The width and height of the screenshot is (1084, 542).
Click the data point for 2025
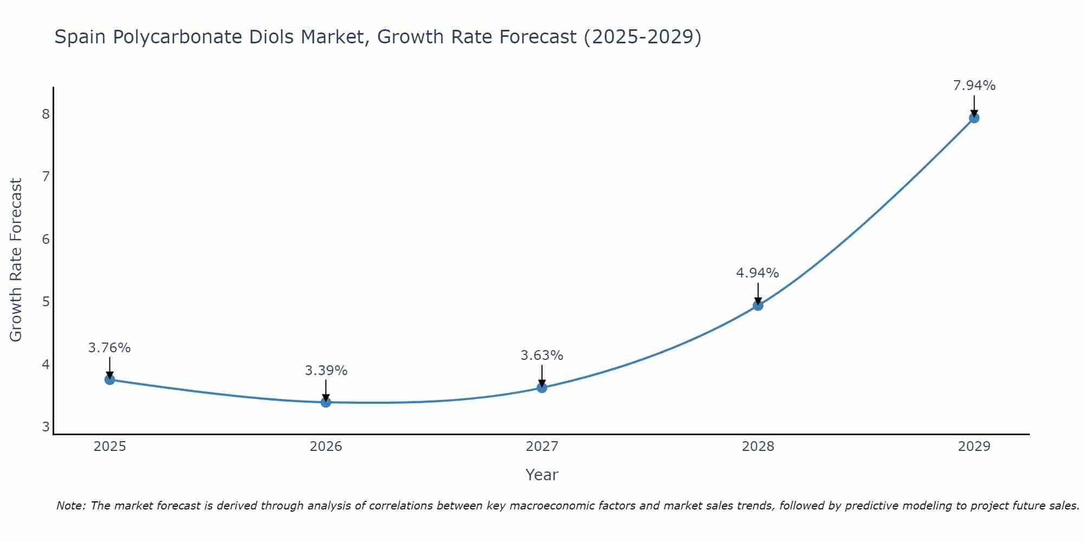109,379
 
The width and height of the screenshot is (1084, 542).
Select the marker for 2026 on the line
326,402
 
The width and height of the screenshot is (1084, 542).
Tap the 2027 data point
542,388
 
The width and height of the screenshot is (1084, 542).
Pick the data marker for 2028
758,306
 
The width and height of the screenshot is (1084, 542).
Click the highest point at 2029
974,118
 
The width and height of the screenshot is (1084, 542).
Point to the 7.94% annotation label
974,86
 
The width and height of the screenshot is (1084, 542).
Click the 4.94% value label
757,273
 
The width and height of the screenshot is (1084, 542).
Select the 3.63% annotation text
542,356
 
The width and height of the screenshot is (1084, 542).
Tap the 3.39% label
326,371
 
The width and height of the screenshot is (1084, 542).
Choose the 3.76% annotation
109,348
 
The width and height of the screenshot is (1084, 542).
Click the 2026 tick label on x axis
326,447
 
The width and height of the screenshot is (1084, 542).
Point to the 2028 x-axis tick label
758,447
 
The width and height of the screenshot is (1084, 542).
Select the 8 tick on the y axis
46,114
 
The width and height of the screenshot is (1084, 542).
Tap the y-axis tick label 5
46,301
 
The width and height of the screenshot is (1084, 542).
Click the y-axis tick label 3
46,427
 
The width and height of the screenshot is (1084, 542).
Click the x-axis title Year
541,475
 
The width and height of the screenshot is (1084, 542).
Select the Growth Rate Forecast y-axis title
16,260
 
